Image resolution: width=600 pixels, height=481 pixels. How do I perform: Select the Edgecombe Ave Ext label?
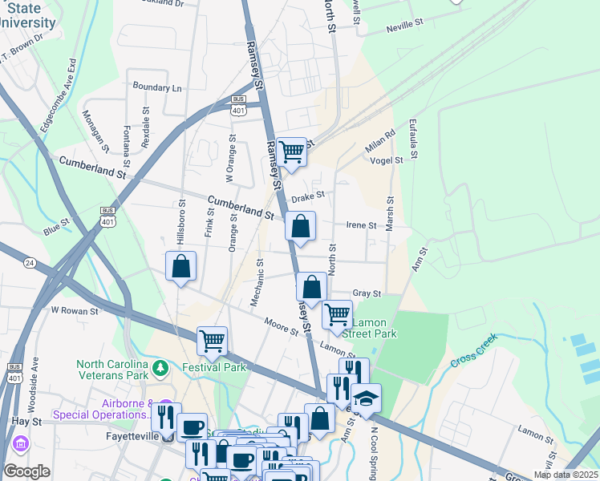click(x=59, y=95)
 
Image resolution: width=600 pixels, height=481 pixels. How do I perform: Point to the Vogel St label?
click(x=387, y=160)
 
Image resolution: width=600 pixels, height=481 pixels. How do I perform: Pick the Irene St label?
click(x=361, y=226)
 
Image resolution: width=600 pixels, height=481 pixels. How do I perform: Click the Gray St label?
click(x=366, y=294)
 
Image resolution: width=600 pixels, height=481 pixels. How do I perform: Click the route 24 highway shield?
click(x=30, y=262)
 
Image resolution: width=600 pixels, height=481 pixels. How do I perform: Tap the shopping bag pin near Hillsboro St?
click(x=181, y=265)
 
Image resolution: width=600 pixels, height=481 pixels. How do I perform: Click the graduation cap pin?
click(x=366, y=398)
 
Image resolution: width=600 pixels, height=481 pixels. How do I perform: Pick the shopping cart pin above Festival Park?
click(x=212, y=340)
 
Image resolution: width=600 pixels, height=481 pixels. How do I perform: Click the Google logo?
click(x=26, y=471)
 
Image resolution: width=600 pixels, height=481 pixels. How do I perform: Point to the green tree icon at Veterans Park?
click(x=161, y=368)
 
